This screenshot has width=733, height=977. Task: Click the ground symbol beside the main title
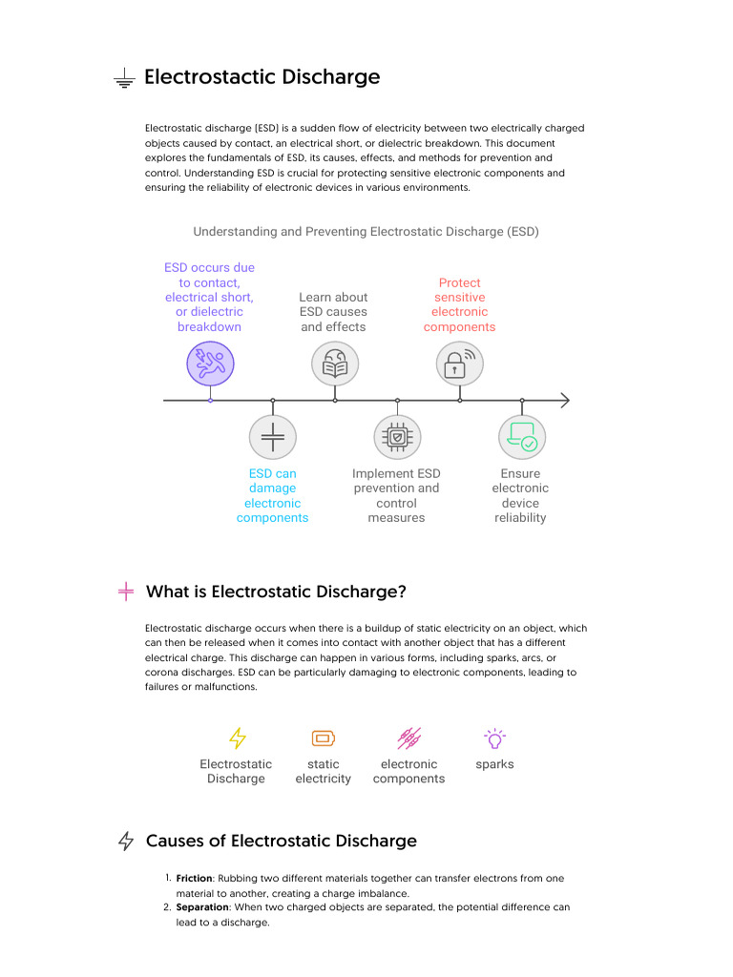coord(124,79)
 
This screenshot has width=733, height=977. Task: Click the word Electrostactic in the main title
coord(201,77)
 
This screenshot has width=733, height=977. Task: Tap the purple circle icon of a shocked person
coord(210,364)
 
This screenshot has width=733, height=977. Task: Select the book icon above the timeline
coord(335,364)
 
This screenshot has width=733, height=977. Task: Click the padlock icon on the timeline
coord(459,364)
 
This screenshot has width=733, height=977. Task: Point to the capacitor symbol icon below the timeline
coord(273,437)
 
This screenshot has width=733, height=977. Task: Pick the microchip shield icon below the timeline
coord(397,437)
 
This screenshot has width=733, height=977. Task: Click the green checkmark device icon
coord(522,437)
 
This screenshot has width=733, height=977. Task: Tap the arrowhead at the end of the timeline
coord(564,400)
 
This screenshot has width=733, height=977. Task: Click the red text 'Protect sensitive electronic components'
coord(459,304)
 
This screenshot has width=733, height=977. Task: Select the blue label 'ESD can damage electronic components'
coord(273,495)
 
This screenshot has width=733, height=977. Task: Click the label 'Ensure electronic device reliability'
coord(520,495)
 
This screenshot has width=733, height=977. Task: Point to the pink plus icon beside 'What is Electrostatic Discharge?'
coord(125,592)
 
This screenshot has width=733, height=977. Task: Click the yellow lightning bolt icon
coord(237,738)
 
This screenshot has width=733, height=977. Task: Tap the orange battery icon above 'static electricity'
coord(324,738)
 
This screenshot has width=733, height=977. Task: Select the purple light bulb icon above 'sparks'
coord(494,738)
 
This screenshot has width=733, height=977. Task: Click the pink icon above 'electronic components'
coord(408,738)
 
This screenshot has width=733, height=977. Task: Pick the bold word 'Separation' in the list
coord(202,907)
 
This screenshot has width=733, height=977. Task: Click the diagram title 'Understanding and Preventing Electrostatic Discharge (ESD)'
coord(366,232)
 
